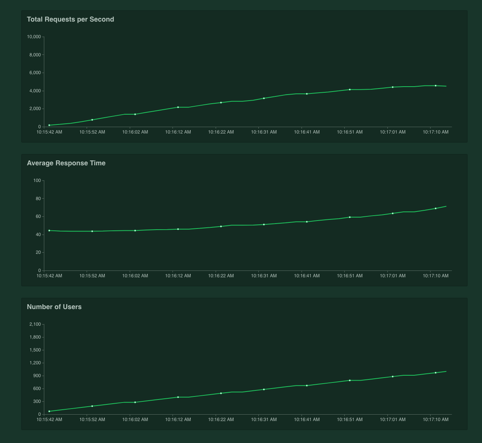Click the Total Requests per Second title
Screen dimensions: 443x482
(x=70, y=19)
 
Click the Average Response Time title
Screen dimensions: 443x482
(x=66, y=163)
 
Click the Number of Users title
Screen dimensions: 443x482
(x=54, y=307)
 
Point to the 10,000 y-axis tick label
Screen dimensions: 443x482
(x=34, y=37)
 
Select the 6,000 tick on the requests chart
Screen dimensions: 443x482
(x=35, y=73)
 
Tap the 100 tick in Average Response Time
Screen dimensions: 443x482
(x=37, y=180)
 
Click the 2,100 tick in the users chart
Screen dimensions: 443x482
(x=35, y=324)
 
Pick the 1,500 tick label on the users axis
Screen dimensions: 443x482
(x=35, y=350)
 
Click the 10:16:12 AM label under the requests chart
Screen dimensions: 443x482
(x=178, y=132)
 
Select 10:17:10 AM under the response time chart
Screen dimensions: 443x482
(x=435, y=276)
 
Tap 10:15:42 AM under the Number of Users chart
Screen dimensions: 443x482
(x=49, y=420)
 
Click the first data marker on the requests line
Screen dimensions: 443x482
(x=49, y=125)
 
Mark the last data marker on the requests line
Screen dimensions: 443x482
(x=435, y=86)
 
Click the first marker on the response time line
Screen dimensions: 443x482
(x=49, y=230)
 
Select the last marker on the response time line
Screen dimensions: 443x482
(x=435, y=208)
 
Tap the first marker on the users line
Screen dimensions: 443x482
(x=49, y=411)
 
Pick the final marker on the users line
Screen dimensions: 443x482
(x=435, y=373)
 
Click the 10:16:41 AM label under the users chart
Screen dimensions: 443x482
(x=307, y=420)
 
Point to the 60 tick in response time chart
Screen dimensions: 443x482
(x=38, y=216)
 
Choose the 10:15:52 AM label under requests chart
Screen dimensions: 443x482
(x=92, y=132)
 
